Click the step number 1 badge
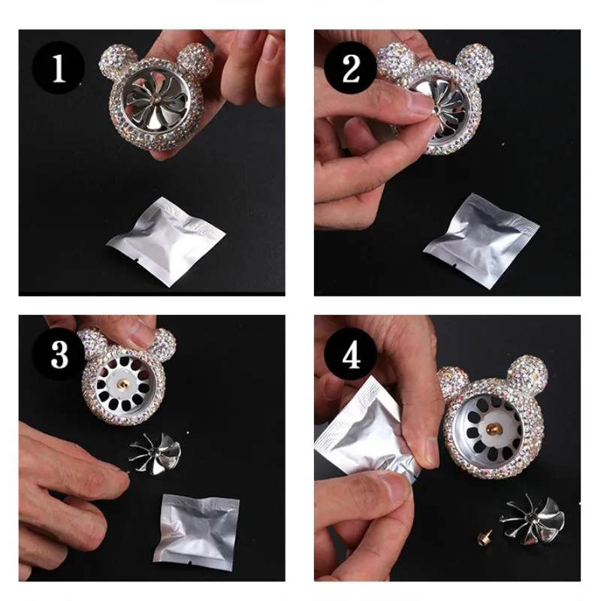[59, 68]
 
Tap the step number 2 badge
[350, 68]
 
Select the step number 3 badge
[59, 354]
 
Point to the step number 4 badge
[350, 354]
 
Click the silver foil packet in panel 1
[165, 241]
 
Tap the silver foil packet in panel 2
[481, 240]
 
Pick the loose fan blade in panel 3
[155, 454]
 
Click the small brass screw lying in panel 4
[485, 537]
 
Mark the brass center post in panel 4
[494, 429]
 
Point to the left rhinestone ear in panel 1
[117, 62]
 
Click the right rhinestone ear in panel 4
[528, 373]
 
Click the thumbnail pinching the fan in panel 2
[420, 101]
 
